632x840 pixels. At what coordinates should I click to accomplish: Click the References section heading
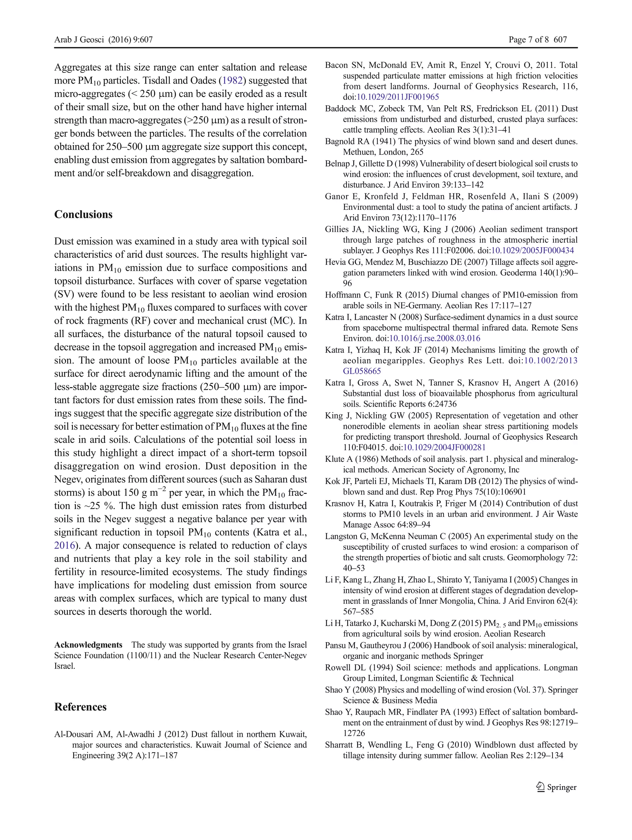click(x=80, y=707)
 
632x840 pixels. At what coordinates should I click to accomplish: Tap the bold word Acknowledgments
click(x=88, y=645)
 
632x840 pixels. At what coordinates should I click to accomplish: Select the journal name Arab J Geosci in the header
click(x=79, y=40)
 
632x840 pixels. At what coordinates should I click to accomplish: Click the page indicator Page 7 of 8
click(x=528, y=40)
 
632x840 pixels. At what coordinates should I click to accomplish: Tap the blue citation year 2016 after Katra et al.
click(x=64, y=545)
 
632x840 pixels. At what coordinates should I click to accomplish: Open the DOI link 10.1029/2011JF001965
click(x=397, y=97)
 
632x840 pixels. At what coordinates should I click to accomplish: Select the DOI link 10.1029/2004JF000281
click(x=444, y=448)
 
